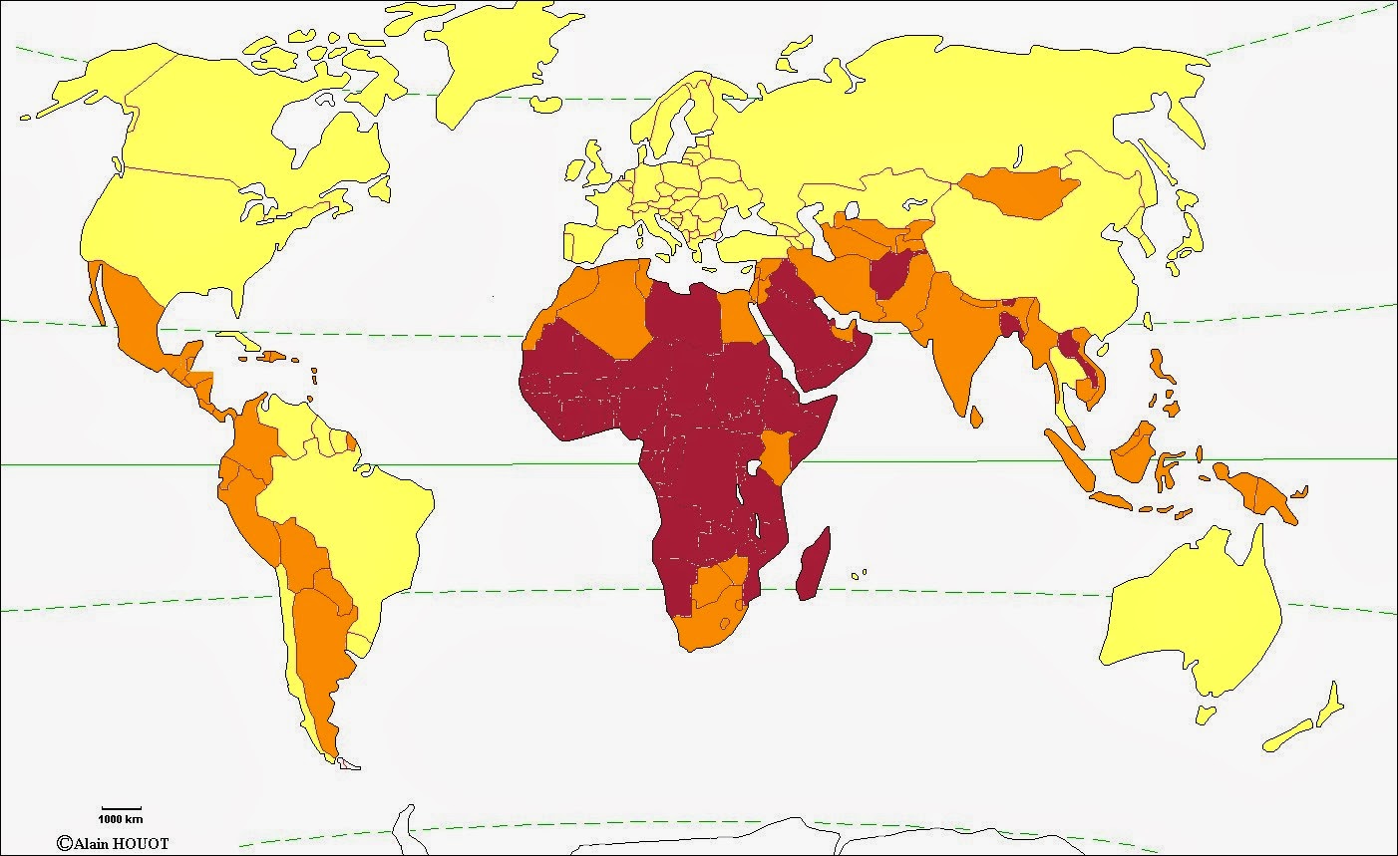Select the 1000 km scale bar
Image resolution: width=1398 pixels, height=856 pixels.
point(121,807)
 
